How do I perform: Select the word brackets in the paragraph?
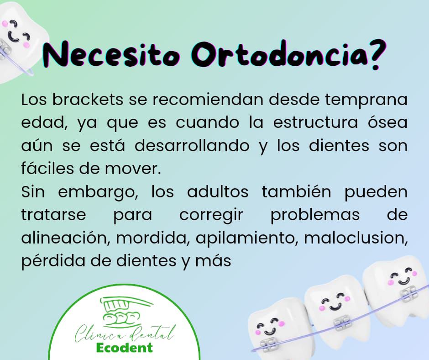click(88, 100)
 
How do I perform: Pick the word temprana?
click(366, 100)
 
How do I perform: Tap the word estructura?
click(315, 123)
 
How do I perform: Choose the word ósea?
click(387, 122)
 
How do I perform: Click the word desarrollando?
click(192, 145)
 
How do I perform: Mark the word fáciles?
click(47, 169)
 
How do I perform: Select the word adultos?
click(218, 191)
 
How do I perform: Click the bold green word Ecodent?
click(125, 348)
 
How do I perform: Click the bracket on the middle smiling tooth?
click(341, 323)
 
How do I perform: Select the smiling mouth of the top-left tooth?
click(14, 37)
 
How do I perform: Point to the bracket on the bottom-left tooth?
click(269, 344)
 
